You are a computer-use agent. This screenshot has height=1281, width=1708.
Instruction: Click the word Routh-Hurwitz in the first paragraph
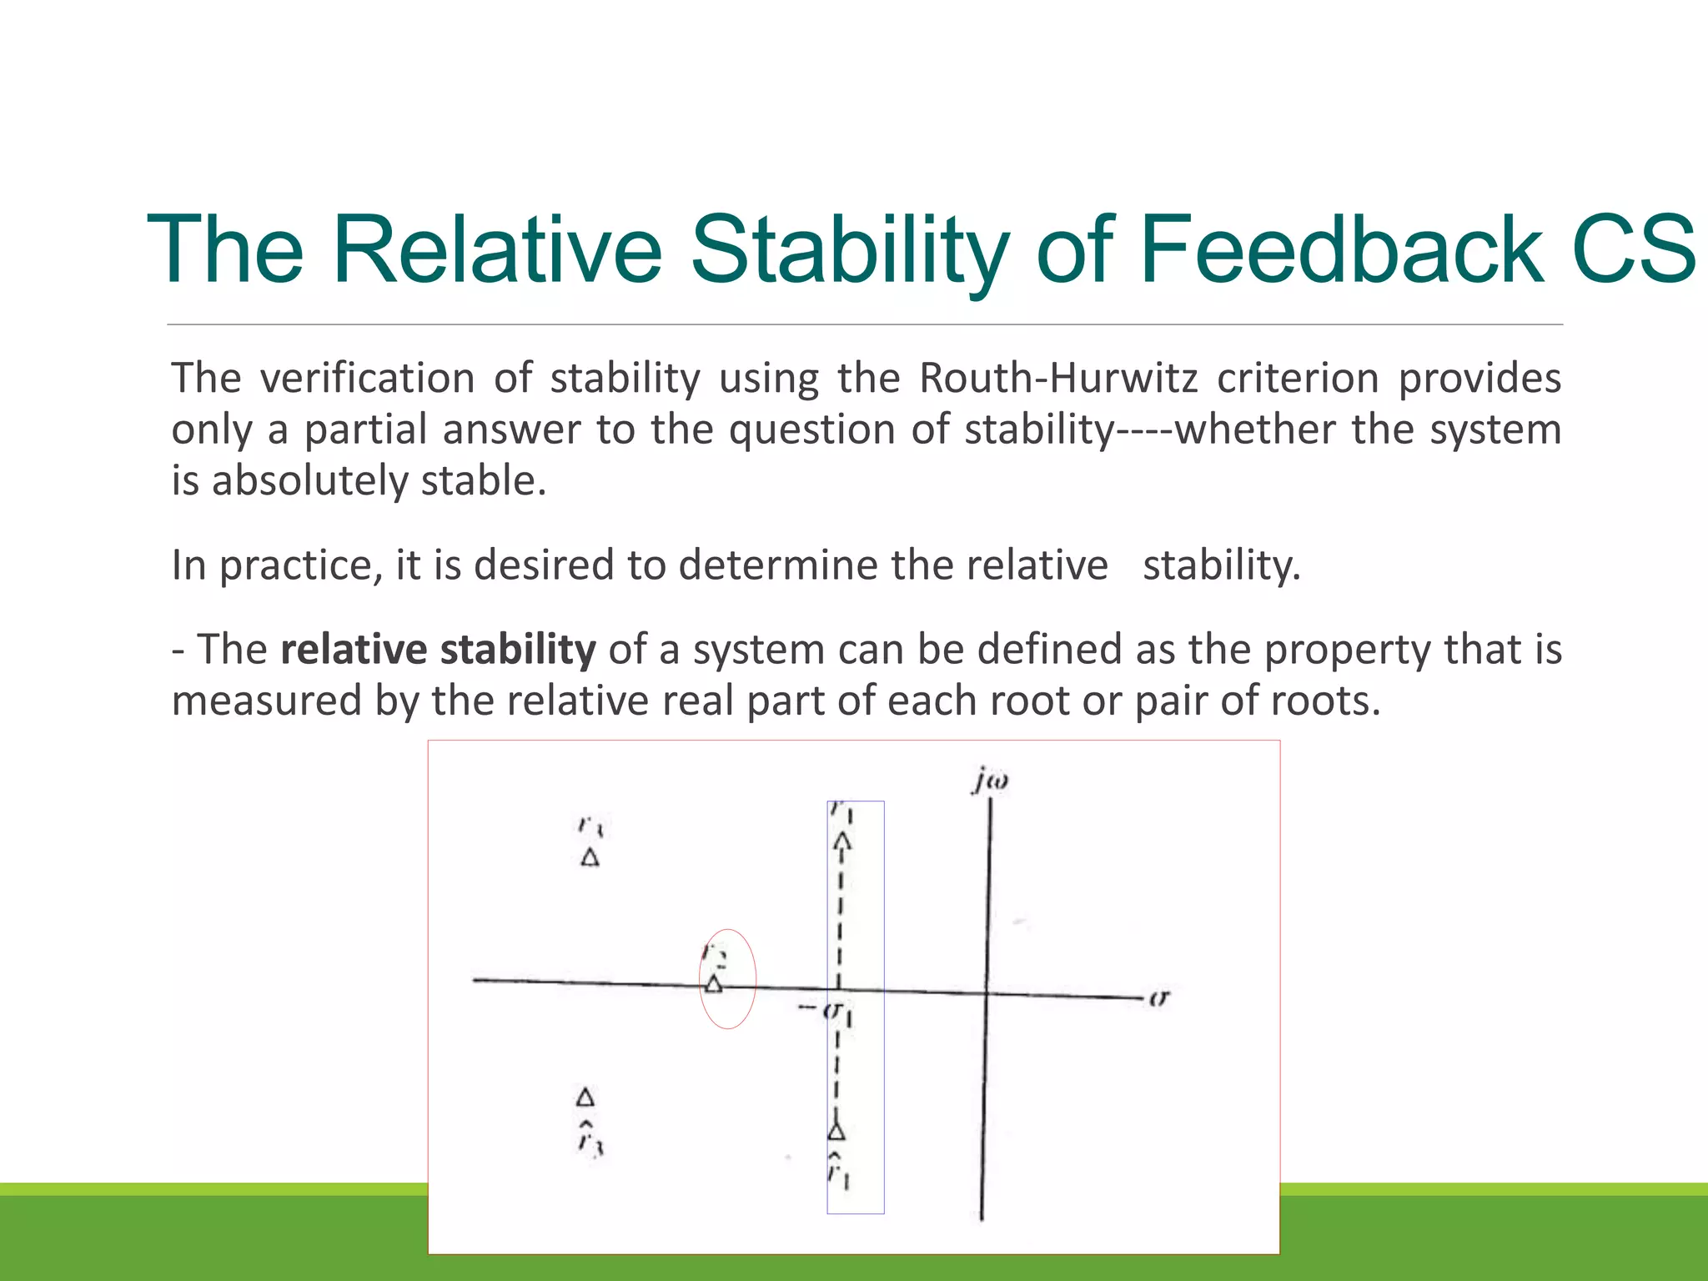(x=1057, y=379)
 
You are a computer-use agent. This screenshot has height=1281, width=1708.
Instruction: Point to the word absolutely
(x=313, y=481)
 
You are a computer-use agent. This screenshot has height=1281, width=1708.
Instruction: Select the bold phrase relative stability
(x=438, y=650)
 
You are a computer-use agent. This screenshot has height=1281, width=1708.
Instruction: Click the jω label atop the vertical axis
(x=991, y=781)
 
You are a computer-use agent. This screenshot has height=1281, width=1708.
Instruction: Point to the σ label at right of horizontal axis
(x=1159, y=997)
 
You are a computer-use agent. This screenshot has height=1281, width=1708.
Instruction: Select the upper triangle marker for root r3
(x=590, y=857)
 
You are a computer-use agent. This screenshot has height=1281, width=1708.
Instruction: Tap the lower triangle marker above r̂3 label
(x=585, y=1098)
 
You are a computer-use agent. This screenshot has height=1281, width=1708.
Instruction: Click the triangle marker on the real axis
(x=713, y=984)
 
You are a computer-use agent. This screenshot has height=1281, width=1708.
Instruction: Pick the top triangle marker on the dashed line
(x=842, y=841)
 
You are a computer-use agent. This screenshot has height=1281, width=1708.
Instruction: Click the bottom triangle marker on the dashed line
(x=836, y=1132)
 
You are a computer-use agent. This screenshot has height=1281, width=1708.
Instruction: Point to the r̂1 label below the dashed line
(x=837, y=1171)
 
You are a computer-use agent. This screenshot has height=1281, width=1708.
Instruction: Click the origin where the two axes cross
(x=987, y=992)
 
